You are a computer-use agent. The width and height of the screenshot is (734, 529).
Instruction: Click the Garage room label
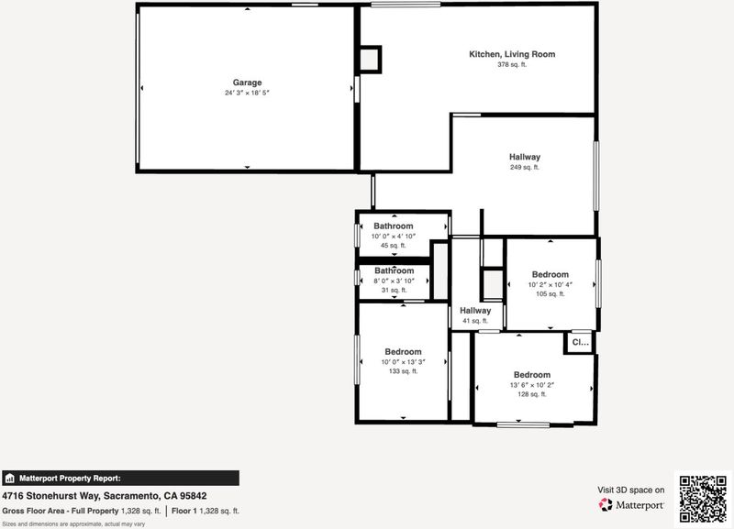(247, 83)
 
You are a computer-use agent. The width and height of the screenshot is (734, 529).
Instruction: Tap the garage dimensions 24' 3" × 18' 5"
(247, 93)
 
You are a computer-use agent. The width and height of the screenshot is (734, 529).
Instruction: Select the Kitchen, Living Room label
(512, 54)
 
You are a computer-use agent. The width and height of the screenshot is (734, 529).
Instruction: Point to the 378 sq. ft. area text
(512, 64)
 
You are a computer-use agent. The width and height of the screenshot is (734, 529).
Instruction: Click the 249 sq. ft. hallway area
(525, 167)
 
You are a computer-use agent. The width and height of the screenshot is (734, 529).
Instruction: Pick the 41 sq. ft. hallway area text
(475, 321)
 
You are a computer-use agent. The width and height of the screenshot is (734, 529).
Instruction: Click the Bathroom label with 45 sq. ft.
(394, 226)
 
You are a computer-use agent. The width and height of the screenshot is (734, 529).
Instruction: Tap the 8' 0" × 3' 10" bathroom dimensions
(395, 281)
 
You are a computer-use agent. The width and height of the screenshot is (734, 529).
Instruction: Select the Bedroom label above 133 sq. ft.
(403, 352)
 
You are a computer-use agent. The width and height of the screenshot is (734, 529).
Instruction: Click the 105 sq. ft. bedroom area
(550, 293)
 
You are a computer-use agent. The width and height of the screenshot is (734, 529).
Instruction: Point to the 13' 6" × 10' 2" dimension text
(532, 385)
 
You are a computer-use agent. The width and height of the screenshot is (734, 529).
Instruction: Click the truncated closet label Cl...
(581, 342)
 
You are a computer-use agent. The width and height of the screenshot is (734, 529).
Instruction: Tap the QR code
(703, 499)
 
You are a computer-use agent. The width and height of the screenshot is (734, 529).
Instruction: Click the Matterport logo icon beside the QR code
(606, 504)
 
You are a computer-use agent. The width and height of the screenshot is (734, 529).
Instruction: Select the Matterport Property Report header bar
(120, 478)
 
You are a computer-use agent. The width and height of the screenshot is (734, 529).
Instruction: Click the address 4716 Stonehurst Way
(50, 496)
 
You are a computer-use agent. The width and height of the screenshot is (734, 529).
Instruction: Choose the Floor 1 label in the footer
(184, 512)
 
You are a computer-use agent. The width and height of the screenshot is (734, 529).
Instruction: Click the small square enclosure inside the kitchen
(370, 60)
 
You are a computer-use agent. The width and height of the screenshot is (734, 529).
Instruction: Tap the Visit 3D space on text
(630, 490)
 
